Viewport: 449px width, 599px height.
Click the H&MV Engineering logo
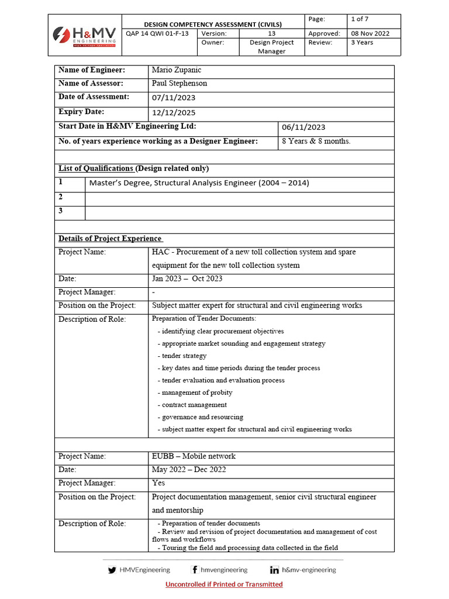(x=84, y=35)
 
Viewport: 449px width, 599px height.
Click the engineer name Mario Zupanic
(x=176, y=70)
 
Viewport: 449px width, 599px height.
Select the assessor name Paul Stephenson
(x=179, y=84)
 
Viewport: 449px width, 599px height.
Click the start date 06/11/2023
(x=303, y=127)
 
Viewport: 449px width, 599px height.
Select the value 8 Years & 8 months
(x=316, y=141)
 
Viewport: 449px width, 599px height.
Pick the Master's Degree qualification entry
(x=199, y=183)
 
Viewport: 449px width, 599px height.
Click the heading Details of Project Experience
(x=110, y=239)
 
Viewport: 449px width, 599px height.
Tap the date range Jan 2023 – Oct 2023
(x=187, y=279)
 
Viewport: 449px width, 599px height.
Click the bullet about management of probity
(x=197, y=393)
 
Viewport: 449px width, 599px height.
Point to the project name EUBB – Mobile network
(x=194, y=456)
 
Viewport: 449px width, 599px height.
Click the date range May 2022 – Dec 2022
(x=189, y=470)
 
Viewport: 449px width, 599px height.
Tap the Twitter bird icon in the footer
(x=112, y=570)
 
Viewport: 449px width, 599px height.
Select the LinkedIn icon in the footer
(x=274, y=570)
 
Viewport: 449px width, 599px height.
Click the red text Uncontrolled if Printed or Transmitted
(x=224, y=584)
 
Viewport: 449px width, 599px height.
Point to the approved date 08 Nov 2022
(x=370, y=33)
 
